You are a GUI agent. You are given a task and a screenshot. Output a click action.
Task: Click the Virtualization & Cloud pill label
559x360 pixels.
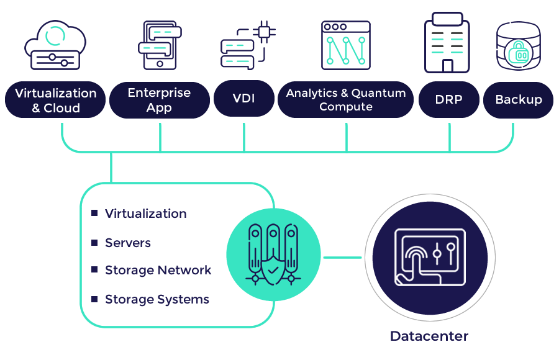click(56, 100)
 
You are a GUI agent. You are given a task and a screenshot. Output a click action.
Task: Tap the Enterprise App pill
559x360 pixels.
click(159, 100)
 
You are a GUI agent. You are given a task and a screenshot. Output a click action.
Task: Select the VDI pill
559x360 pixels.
click(243, 99)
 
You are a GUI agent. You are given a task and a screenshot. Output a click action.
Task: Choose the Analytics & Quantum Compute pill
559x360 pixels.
click(345, 99)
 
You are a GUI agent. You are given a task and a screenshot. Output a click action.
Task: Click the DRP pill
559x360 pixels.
click(448, 99)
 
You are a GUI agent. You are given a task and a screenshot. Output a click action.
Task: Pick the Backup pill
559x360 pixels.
click(518, 99)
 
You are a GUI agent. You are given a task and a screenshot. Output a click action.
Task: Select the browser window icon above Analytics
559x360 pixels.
click(345, 45)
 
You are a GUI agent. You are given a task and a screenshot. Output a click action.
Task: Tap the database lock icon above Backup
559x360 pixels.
click(519, 47)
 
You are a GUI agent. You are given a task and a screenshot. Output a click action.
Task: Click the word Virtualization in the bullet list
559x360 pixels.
click(146, 214)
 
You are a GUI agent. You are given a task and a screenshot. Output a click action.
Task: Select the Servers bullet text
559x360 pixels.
click(128, 243)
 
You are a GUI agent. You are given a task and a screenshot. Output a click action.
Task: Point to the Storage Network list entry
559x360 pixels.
click(158, 271)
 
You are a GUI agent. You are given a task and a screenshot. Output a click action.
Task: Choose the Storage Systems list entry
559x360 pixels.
click(157, 300)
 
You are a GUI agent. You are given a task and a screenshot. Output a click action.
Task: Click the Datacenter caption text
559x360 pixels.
click(429, 336)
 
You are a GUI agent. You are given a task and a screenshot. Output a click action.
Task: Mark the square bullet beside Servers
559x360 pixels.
click(94, 242)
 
